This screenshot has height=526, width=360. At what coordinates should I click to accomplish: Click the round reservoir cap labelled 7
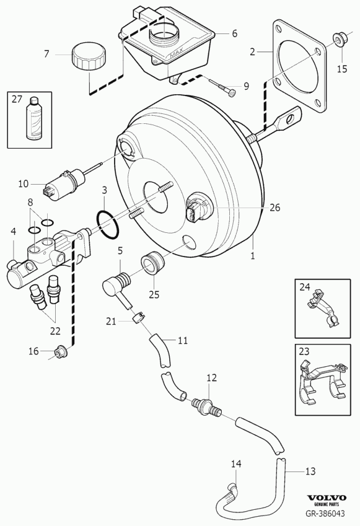point(89,56)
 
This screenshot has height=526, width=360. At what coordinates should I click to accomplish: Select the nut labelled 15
point(338,40)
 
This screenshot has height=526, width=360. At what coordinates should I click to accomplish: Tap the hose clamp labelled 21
point(139,317)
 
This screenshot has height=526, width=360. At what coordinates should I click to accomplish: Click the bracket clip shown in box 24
point(322,307)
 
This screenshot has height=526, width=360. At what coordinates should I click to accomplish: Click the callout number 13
point(310,471)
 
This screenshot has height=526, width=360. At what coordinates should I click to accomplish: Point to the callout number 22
point(55,331)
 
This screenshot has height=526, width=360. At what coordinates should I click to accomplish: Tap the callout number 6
point(234,33)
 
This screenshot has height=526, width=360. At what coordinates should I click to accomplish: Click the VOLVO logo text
point(327,498)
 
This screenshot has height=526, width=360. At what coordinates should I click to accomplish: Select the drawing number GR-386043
point(325,513)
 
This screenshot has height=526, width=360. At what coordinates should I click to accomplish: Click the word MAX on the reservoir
point(177,54)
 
